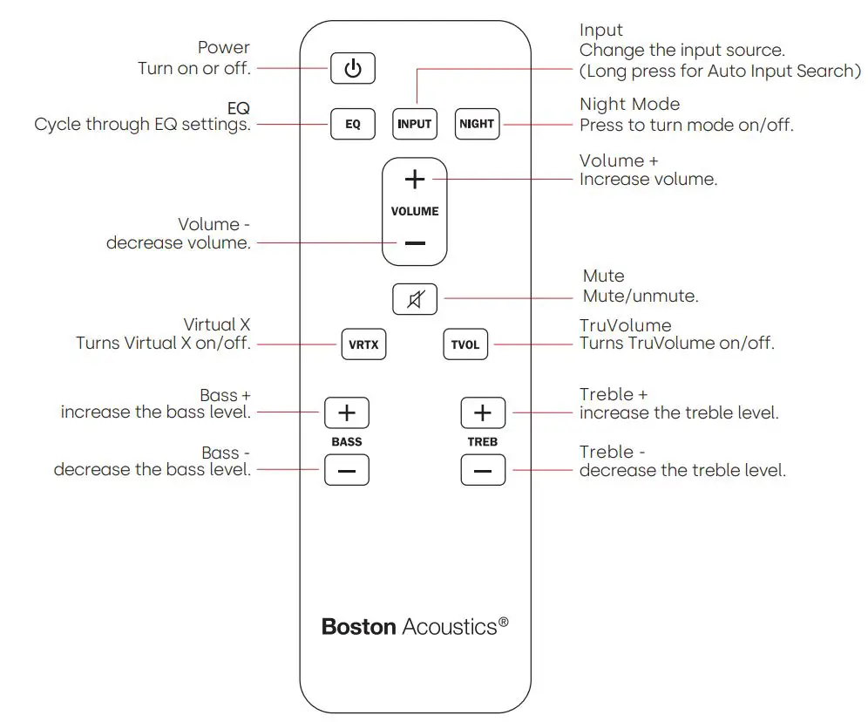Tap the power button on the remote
point(352,69)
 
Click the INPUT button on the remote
point(414,124)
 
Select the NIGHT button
point(477,124)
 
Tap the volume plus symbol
point(415,179)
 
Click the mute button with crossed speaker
point(415,300)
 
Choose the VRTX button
point(363,344)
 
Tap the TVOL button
point(465,344)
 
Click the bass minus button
point(346,471)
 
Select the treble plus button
point(483,412)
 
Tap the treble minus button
point(483,471)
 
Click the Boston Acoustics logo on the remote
point(415,626)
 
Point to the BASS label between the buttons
point(346,442)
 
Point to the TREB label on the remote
point(482,442)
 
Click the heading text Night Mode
point(629,105)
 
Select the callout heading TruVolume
point(625,325)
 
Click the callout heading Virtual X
point(216,325)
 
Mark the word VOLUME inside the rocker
point(415,211)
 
